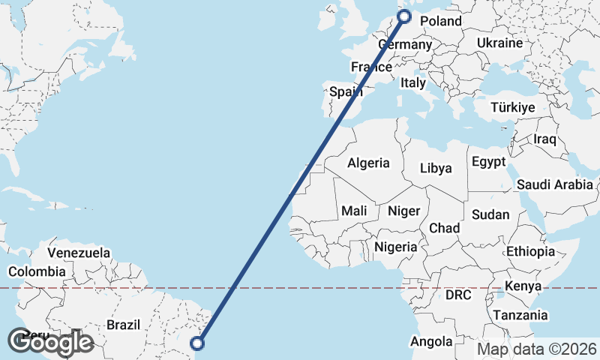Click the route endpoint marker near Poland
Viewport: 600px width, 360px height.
(404, 16)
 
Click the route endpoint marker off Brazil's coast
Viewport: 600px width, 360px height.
(197, 343)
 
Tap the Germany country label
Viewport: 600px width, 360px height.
(405, 45)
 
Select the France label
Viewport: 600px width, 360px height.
(372, 67)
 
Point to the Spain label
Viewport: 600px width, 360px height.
(346, 92)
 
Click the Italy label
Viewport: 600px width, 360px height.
(413, 82)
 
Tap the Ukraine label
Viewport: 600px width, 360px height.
(499, 43)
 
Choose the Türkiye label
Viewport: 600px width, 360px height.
(513, 107)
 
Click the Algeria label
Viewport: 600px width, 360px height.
(368, 163)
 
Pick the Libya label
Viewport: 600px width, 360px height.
(436, 168)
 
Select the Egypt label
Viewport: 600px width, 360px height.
(489, 162)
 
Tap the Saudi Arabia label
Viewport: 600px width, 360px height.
(555, 184)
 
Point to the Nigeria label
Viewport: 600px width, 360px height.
(396, 246)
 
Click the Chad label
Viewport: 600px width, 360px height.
(444, 228)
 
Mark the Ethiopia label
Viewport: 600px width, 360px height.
(530, 251)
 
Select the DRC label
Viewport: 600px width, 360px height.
(458, 295)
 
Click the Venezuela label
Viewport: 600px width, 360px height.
(79, 253)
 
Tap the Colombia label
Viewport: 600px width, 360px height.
(36, 271)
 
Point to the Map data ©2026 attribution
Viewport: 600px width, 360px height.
(537, 349)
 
